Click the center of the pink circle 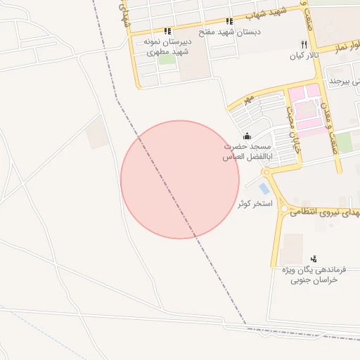click(180, 180)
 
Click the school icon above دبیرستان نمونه click(167, 31)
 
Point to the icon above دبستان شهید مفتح click(229, 22)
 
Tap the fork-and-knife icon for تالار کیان click(304, 44)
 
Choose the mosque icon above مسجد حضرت click(247, 136)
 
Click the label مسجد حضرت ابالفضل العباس click(238, 151)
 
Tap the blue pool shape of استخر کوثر click(264, 188)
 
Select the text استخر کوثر click(255, 202)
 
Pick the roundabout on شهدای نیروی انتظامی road click(283, 209)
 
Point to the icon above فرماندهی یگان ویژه click(313, 259)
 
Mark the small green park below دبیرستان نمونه click(167, 59)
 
